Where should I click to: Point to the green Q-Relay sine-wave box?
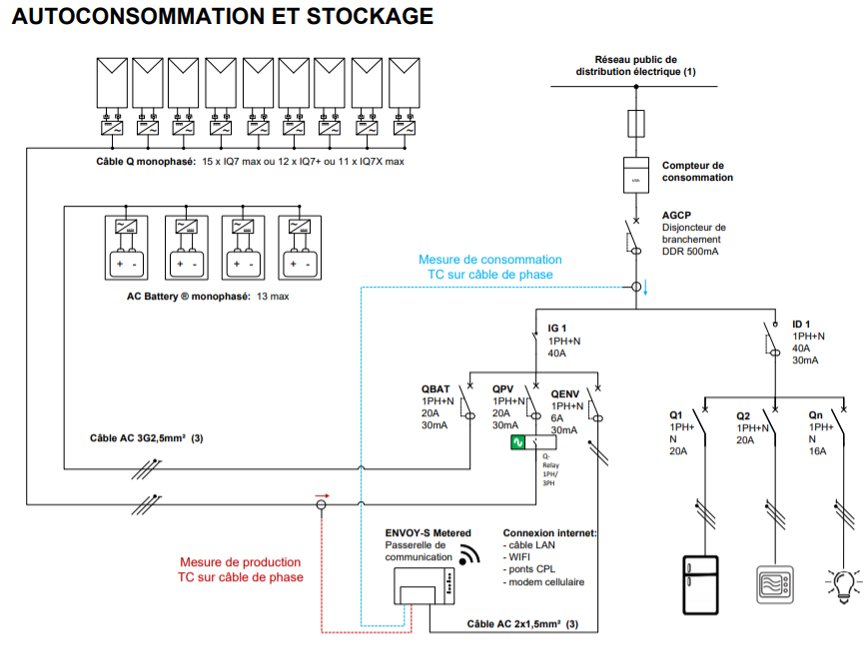(x=518, y=443)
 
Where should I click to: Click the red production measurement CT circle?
(x=322, y=506)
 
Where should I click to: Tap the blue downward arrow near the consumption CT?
(x=645, y=289)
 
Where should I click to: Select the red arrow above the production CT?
(x=321, y=495)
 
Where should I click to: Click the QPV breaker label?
(x=504, y=389)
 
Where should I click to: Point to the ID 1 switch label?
(x=802, y=325)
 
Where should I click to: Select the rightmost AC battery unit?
(x=298, y=246)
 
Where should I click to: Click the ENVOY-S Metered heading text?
(x=428, y=533)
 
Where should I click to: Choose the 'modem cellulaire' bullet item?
(x=546, y=582)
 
